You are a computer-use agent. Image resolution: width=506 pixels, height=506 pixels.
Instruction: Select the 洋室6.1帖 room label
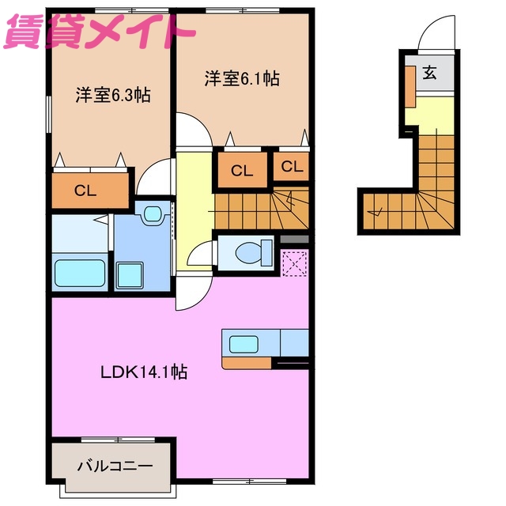(x=242, y=79)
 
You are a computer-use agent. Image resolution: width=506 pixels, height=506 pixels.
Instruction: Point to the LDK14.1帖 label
(x=143, y=372)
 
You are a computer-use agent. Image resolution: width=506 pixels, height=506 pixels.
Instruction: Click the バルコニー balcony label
(x=114, y=466)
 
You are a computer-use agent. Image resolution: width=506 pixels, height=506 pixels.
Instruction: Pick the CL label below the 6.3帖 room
(x=86, y=190)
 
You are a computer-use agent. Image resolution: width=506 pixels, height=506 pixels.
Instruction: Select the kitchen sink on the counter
(x=244, y=343)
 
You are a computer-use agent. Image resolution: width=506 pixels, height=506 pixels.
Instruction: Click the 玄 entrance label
(x=429, y=74)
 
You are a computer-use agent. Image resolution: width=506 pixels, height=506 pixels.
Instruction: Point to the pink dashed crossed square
(x=293, y=262)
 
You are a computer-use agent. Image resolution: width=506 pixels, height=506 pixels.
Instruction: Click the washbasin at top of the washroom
(x=153, y=213)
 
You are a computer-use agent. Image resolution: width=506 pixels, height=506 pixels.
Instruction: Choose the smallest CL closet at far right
(x=292, y=167)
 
